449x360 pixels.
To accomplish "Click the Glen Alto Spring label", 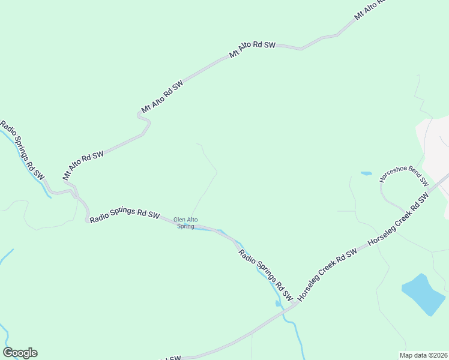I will pyautogui.click(x=185, y=223).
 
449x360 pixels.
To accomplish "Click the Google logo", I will pyautogui.click(x=20, y=353).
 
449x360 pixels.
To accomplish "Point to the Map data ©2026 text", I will pyautogui.click(x=423, y=355).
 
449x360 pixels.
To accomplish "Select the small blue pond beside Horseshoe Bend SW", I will pyautogui.click(x=366, y=173).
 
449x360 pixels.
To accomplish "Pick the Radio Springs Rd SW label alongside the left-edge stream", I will pyautogui.click(x=22, y=150).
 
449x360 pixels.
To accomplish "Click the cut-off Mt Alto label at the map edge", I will pyautogui.click(x=368, y=10).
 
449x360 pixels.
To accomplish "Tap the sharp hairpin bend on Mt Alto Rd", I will pyautogui.click(x=147, y=122).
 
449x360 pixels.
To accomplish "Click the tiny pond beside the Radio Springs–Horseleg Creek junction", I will pyautogui.click(x=277, y=304).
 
